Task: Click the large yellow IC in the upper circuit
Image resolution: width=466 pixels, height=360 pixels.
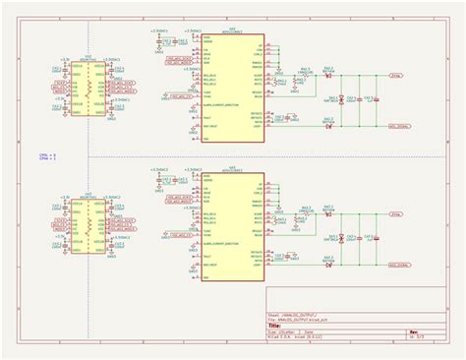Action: (x=231, y=89)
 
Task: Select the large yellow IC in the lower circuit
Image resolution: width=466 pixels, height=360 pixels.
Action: (x=231, y=224)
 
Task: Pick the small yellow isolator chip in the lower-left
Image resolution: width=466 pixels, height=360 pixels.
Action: (x=88, y=225)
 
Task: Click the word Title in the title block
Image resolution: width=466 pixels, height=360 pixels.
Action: (x=276, y=326)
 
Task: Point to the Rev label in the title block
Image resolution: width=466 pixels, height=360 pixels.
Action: (x=414, y=331)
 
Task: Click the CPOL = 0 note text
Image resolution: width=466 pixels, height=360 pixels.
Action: (x=47, y=154)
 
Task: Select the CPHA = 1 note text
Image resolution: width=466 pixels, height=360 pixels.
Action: (x=47, y=159)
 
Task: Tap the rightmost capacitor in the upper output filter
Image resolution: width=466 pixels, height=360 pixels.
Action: (x=379, y=99)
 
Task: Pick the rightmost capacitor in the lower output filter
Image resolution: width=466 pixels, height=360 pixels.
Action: (x=379, y=237)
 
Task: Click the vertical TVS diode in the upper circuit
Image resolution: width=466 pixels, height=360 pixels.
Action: (x=338, y=99)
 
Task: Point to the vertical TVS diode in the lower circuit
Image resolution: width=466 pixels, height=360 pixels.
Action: (x=338, y=237)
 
